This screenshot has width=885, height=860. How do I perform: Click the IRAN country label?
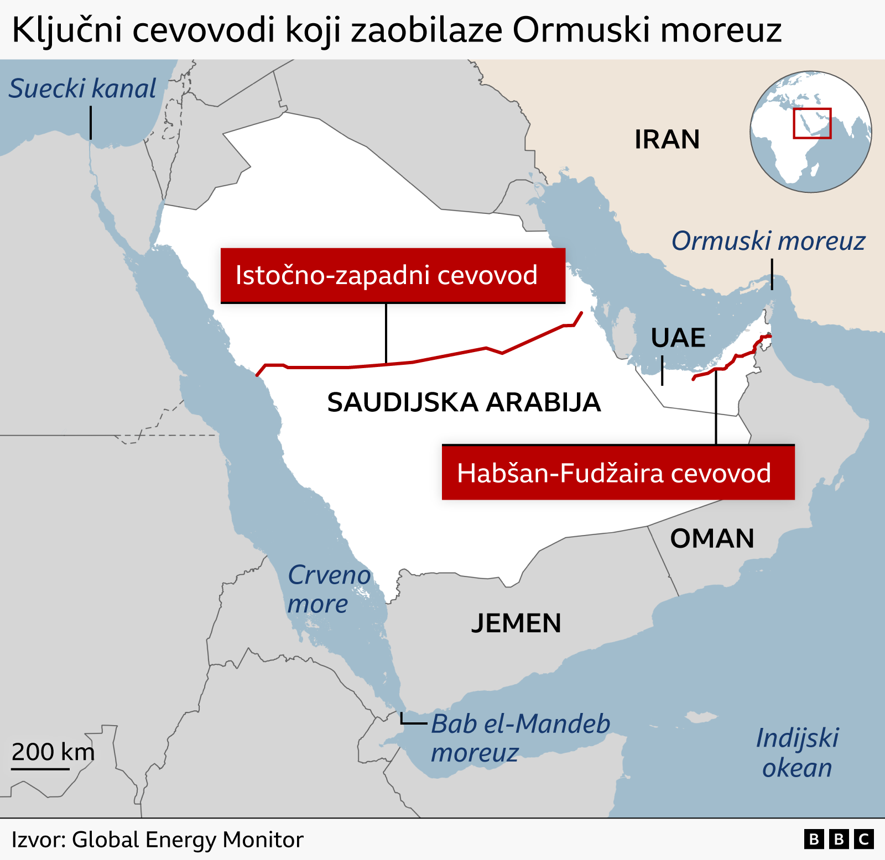667,139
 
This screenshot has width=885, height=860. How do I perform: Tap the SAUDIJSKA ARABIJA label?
464,402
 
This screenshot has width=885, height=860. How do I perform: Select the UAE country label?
678,338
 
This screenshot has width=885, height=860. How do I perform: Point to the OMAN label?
712,538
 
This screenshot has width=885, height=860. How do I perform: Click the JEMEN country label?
516,623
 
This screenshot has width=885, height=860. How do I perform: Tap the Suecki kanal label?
83,88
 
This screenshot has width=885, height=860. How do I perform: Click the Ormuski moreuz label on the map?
768,241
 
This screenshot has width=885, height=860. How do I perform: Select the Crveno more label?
329,589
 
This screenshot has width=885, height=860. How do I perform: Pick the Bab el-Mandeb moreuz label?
520,738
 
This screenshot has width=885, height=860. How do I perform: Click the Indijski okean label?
797,753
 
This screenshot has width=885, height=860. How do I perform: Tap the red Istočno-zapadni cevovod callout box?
393,275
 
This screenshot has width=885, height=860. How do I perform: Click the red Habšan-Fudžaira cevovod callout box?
618,473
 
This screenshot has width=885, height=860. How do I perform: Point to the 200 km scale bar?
41,768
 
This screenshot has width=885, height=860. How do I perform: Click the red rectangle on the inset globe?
812,123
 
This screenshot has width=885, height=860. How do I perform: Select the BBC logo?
839,840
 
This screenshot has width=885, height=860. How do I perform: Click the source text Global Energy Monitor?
188,840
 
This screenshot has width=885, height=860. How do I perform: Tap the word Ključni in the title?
66,30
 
